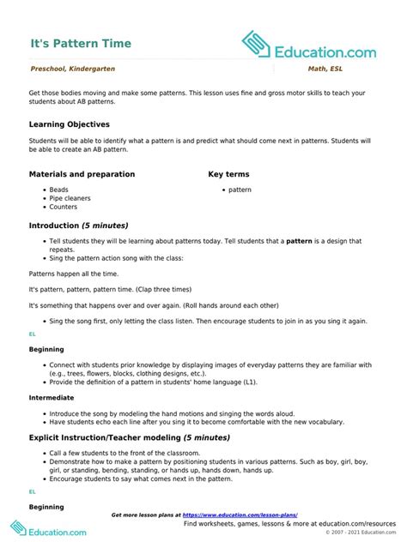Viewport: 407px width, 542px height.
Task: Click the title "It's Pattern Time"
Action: click(76, 41)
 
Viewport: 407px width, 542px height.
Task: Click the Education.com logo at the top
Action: click(308, 45)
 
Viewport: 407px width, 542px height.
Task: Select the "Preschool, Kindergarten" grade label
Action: click(73, 69)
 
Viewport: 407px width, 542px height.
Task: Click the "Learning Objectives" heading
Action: click(70, 124)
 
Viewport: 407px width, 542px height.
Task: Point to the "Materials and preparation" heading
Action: click(82, 174)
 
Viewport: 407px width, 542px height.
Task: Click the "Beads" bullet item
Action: click(58, 190)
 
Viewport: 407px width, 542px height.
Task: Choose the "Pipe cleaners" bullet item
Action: click(70, 198)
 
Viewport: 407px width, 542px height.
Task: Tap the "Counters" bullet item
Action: click(63, 207)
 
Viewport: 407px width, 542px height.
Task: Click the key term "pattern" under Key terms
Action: click(240, 190)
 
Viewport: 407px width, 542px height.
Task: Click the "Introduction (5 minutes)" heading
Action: click(78, 226)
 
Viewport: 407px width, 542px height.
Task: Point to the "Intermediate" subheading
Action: click(52, 398)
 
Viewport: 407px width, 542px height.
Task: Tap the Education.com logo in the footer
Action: click(49, 530)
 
